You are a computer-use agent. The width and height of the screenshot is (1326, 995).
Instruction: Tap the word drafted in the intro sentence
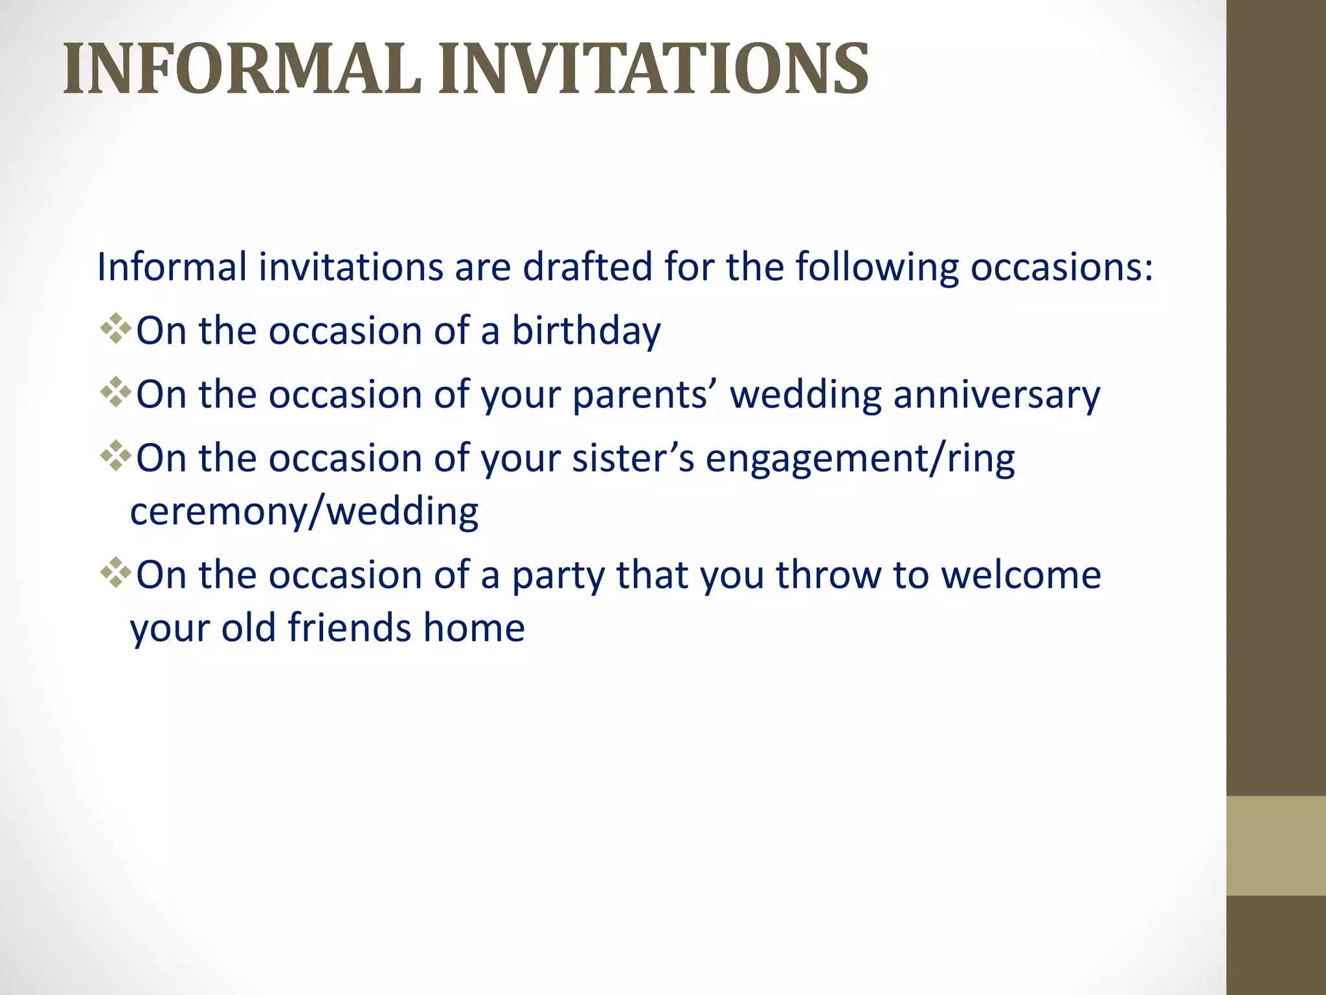point(587,266)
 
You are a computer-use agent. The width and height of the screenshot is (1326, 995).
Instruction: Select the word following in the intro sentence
point(877,268)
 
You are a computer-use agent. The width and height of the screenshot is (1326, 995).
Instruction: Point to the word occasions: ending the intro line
point(1062,266)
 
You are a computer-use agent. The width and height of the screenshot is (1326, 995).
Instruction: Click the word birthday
point(586,331)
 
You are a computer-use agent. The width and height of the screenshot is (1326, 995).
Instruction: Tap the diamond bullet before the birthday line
point(116,328)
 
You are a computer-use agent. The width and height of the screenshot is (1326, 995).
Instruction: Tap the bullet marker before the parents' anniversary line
point(116,392)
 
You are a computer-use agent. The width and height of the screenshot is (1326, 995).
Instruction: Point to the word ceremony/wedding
point(304,512)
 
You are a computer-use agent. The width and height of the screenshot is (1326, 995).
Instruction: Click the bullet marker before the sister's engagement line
point(116,455)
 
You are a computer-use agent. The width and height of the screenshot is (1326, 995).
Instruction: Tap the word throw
point(828,575)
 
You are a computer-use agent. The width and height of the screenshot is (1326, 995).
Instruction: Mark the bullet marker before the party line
point(116,572)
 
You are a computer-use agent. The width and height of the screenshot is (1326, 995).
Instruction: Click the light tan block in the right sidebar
point(1275,845)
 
